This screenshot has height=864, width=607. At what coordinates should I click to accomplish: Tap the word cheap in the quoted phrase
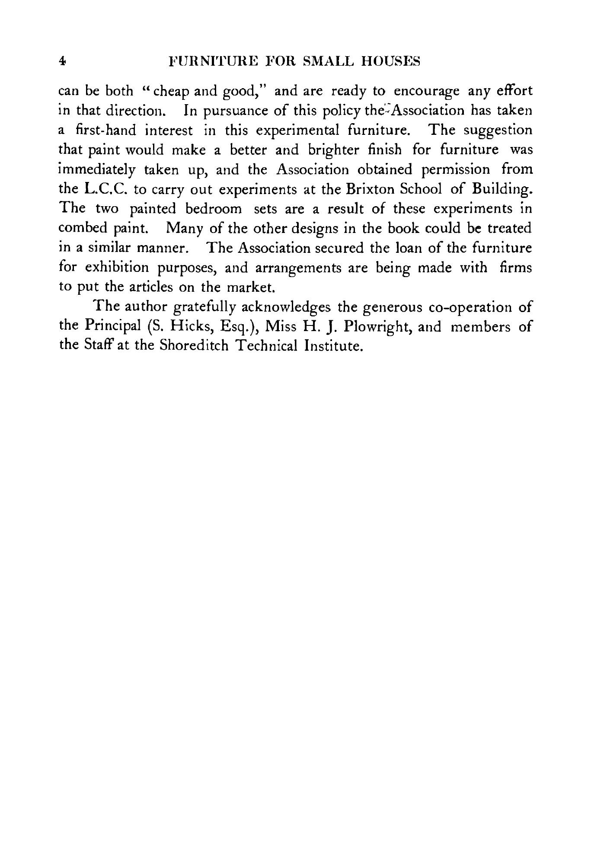[x=170, y=92]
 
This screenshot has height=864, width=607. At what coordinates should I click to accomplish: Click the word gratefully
[x=203, y=307]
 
